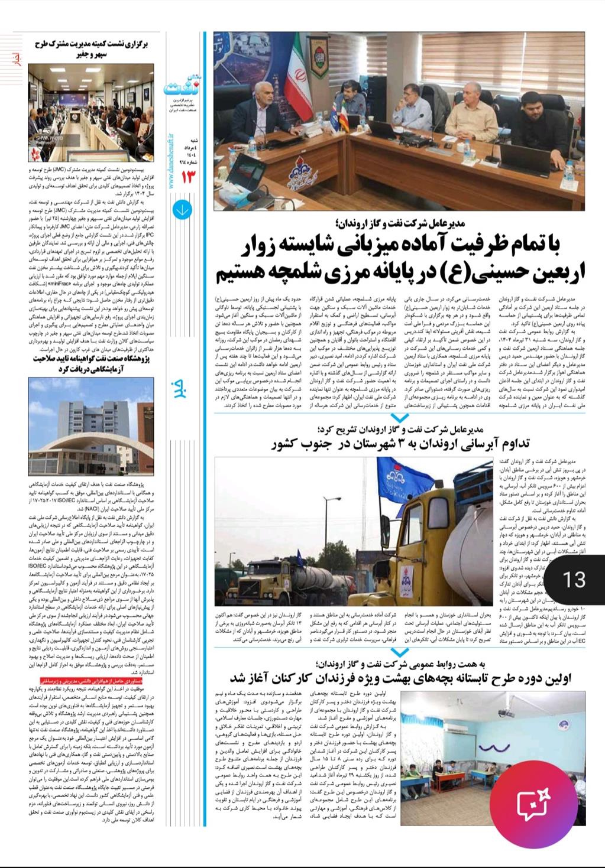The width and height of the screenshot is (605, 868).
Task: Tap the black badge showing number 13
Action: pos(574,579)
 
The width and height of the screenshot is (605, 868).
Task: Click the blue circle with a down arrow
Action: pos(182,210)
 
